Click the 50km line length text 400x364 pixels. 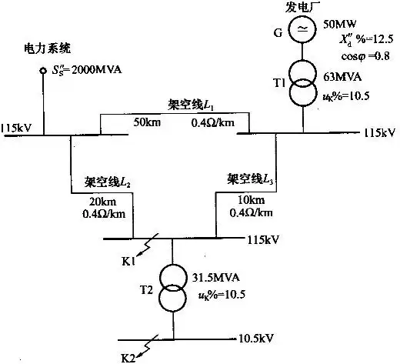[148, 122]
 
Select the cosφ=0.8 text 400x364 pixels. [364, 55]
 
